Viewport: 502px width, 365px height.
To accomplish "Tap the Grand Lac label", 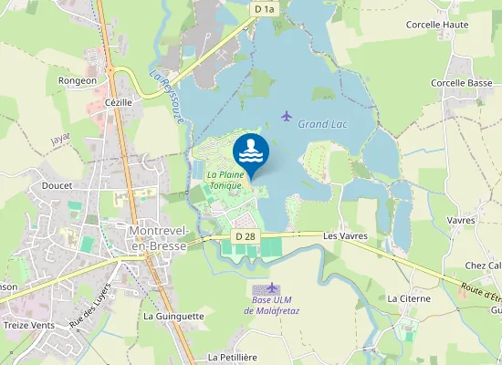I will [x=324, y=124].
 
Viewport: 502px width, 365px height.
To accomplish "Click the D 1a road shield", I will [x=265, y=9].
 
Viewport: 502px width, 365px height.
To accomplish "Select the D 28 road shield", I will [x=244, y=236].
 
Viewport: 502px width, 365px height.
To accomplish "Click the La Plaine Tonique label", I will [x=225, y=180].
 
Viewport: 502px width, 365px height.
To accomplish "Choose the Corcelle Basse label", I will [x=461, y=83].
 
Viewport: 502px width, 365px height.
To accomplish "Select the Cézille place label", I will [x=119, y=103].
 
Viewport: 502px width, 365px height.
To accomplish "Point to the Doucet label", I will [x=58, y=183].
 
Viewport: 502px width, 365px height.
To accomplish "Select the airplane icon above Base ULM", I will [x=271, y=287].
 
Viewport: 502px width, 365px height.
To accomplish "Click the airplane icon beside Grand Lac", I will [x=287, y=116].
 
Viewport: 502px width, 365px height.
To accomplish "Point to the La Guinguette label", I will [x=173, y=316].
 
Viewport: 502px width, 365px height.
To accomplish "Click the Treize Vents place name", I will [x=30, y=325].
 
